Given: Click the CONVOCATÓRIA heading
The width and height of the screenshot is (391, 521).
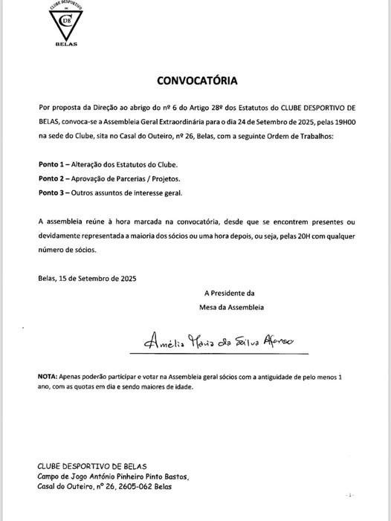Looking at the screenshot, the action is point(197,80).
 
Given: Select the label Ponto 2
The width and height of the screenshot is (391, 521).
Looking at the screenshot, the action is point(54,178).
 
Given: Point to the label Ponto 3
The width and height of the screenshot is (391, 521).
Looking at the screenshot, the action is point(54,192).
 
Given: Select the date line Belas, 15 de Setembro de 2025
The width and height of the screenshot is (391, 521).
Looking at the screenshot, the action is point(87,279).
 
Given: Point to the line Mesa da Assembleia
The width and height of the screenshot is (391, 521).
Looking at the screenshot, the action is point(232,306).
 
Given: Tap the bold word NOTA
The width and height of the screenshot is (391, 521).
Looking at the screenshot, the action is point(48,377).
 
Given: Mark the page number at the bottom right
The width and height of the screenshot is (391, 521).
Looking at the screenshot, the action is point(350,494).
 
